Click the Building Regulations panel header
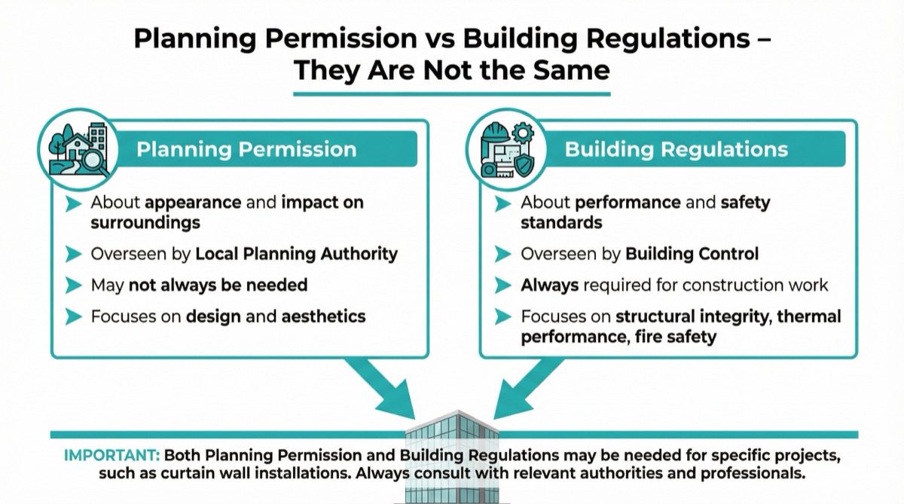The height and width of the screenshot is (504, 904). pyautogui.click(x=676, y=148)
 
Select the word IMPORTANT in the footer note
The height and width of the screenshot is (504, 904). pyautogui.click(x=111, y=456)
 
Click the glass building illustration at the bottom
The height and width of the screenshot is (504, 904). pyautogui.click(x=450, y=456)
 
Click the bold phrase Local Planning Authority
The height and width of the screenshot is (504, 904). pyautogui.click(x=296, y=254)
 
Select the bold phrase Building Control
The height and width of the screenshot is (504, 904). pyautogui.click(x=692, y=254)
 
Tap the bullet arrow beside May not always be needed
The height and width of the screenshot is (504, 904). pyautogui.click(x=73, y=286)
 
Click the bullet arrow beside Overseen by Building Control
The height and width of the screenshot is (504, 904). pyautogui.click(x=502, y=255)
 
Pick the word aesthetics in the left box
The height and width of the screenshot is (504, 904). pyautogui.click(x=323, y=316)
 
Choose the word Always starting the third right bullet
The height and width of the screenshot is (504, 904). pyautogui.click(x=549, y=286)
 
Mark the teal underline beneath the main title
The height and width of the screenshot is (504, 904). pyautogui.click(x=450, y=93)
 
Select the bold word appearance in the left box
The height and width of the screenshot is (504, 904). pyautogui.click(x=193, y=203)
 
